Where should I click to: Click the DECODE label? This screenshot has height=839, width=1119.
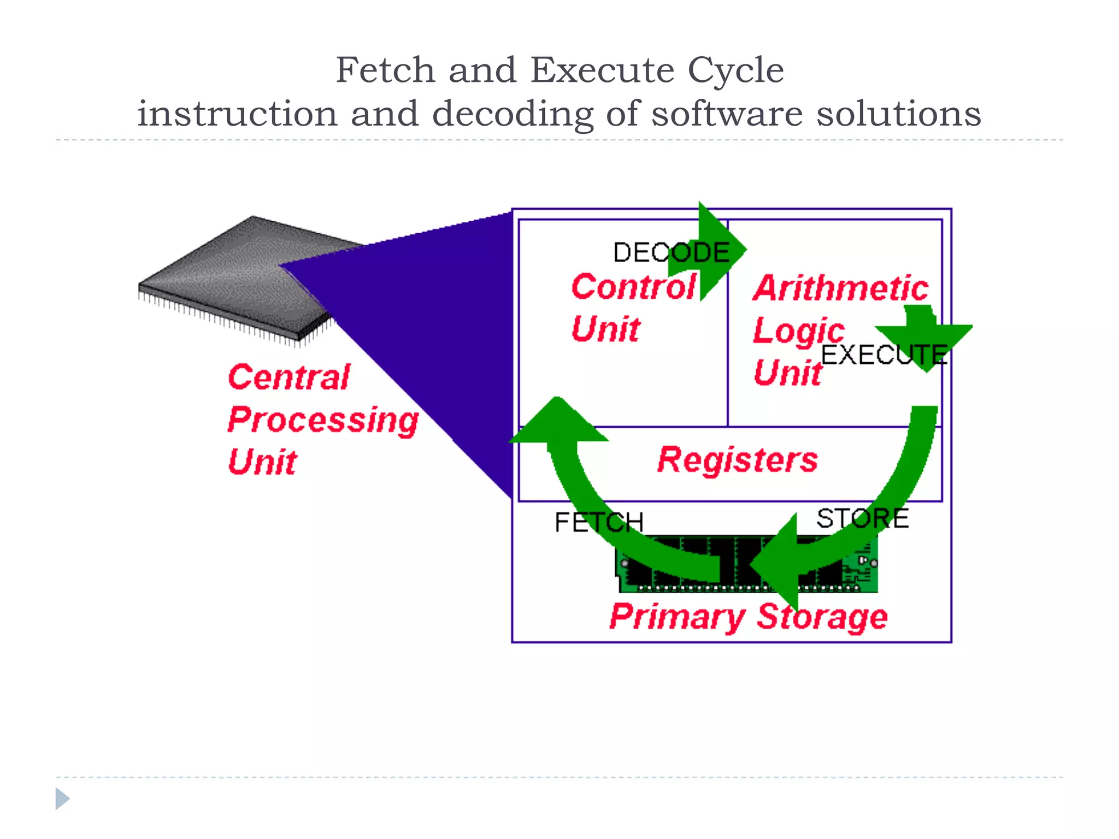[x=671, y=252]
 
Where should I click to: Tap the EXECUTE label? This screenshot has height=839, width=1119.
[x=884, y=355]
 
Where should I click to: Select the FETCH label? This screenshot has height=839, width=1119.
[x=599, y=522]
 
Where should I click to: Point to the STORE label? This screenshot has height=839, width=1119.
[x=862, y=518]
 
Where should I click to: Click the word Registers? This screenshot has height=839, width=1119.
[x=737, y=459]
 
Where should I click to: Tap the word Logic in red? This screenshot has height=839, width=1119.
[x=798, y=331]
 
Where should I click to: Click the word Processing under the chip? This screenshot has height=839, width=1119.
[x=323, y=421]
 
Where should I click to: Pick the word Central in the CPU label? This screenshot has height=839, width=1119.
[x=288, y=377]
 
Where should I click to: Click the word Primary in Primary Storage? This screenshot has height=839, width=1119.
[x=677, y=617]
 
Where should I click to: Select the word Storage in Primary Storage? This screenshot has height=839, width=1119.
[x=822, y=617]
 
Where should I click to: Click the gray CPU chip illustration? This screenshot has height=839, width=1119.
[x=235, y=273]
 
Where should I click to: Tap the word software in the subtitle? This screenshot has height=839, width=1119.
[x=727, y=114]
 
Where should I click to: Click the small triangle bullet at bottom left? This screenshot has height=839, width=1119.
[x=62, y=798]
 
